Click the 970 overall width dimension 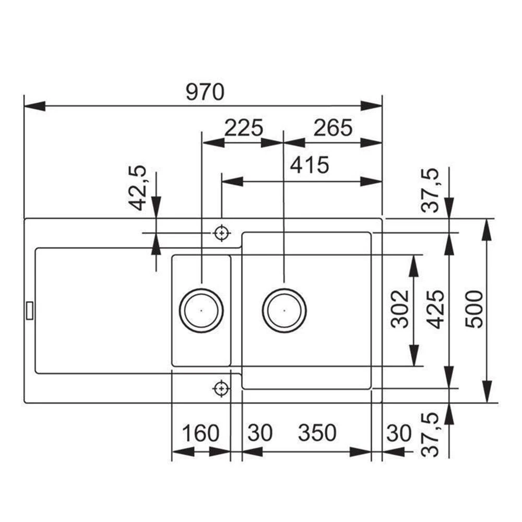(x=205, y=92)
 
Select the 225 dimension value (x=243, y=127)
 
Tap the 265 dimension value (x=333, y=127)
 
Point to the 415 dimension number (x=310, y=165)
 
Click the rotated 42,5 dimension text (x=138, y=188)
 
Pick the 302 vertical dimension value (x=400, y=309)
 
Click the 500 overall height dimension (x=474, y=309)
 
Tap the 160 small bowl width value (x=200, y=433)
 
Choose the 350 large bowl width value (x=317, y=433)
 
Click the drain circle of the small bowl (x=201, y=310)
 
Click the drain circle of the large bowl (x=284, y=310)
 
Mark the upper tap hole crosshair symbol (x=222, y=233)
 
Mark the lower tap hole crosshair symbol (x=222, y=388)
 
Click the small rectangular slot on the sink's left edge (x=29, y=310)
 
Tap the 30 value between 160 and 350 (x=260, y=433)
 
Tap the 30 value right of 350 (x=399, y=433)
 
